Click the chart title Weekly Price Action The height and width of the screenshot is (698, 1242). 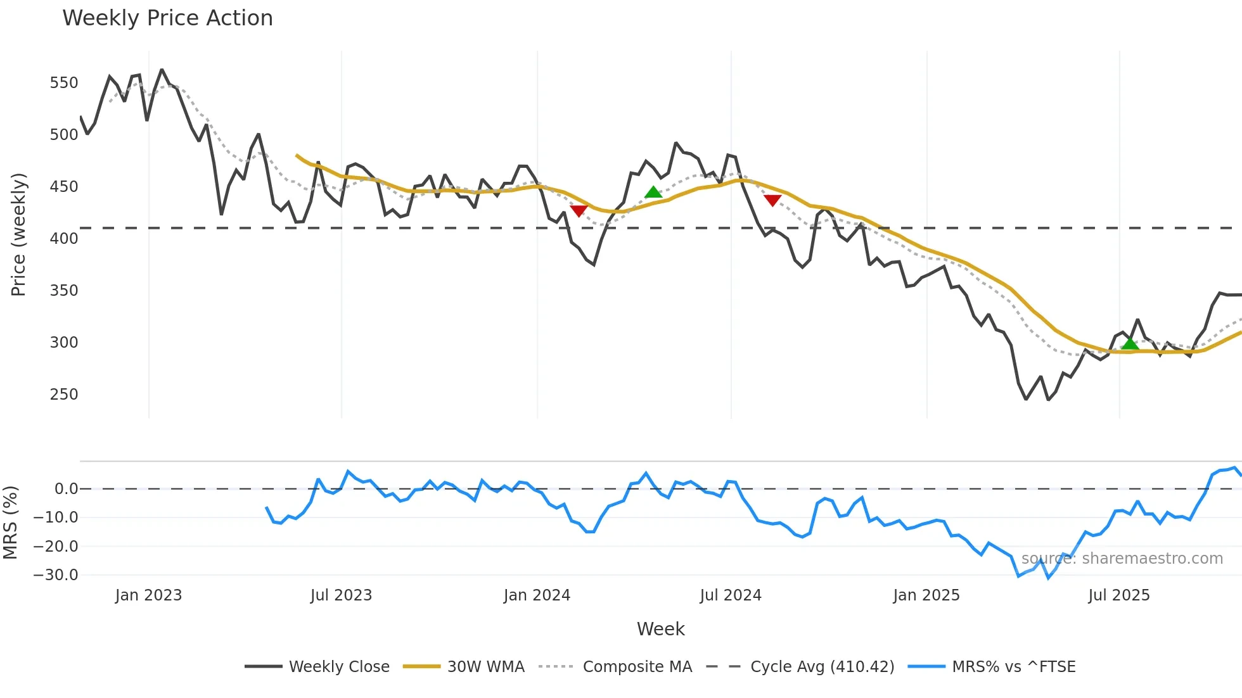pyautogui.click(x=167, y=18)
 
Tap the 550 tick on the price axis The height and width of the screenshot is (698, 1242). pyautogui.click(x=64, y=83)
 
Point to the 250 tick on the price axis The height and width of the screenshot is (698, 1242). pyautogui.click(x=64, y=395)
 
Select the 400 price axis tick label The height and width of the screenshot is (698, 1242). pyautogui.click(x=64, y=239)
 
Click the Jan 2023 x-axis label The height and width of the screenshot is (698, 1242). pyautogui.click(x=148, y=595)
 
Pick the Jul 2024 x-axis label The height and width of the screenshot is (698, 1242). pyautogui.click(x=731, y=595)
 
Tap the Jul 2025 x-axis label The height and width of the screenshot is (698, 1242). pyautogui.click(x=1119, y=595)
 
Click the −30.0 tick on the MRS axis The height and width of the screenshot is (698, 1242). pyautogui.click(x=56, y=575)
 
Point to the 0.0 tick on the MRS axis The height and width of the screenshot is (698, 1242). pyautogui.click(x=66, y=489)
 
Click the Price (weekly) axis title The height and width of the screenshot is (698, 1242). pyautogui.click(x=18, y=234)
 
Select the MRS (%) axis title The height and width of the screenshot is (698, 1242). pyautogui.click(x=10, y=523)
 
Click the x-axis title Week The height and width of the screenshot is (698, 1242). pyautogui.click(x=660, y=629)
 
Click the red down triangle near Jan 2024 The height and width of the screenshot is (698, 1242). pyautogui.click(x=579, y=210)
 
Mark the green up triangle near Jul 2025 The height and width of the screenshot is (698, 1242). pyautogui.click(x=1130, y=344)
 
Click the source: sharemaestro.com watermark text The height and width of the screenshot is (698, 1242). pyautogui.click(x=1122, y=559)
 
